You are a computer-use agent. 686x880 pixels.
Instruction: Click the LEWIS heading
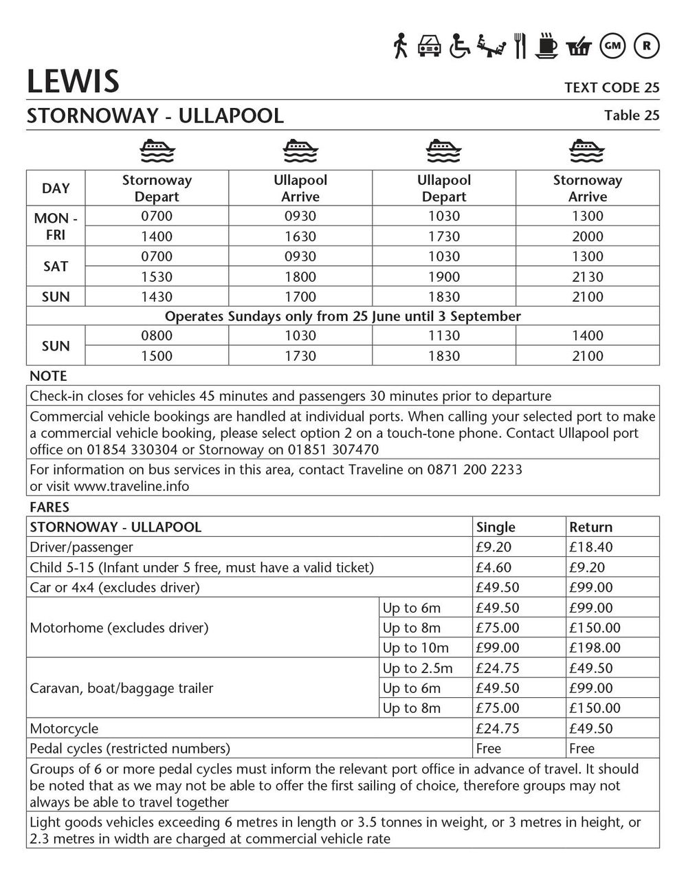tap(73, 81)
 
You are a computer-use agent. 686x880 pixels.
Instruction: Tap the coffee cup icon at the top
tap(547, 47)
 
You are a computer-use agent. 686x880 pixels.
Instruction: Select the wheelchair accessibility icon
tap(460, 46)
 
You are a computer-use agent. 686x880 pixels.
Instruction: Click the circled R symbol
tap(646, 45)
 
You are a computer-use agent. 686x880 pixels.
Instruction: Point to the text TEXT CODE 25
tap(611, 87)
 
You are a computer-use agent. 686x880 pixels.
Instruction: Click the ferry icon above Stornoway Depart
tap(157, 150)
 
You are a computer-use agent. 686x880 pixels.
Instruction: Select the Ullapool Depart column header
tap(444, 188)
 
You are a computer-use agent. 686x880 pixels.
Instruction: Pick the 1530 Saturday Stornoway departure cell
tap(157, 276)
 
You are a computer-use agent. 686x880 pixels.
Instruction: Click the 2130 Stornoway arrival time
tap(587, 276)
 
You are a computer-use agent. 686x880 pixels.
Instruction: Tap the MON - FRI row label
tap(56, 226)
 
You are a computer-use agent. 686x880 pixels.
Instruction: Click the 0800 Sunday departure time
tap(157, 335)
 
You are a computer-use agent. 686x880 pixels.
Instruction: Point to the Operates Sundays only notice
tap(342, 316)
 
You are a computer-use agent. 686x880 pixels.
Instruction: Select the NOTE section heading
tap(48, 376)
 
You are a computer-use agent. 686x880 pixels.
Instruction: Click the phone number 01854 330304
tap(131, 450)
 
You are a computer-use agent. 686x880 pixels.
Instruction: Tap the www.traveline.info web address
tap(131, 486)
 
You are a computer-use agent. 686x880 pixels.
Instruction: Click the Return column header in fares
tap(590, 527)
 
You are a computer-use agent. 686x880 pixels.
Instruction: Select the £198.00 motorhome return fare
tap(595, 648)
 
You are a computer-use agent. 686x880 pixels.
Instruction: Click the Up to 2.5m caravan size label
tap(417, 668)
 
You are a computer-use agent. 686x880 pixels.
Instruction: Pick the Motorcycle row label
tap(64, 728)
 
